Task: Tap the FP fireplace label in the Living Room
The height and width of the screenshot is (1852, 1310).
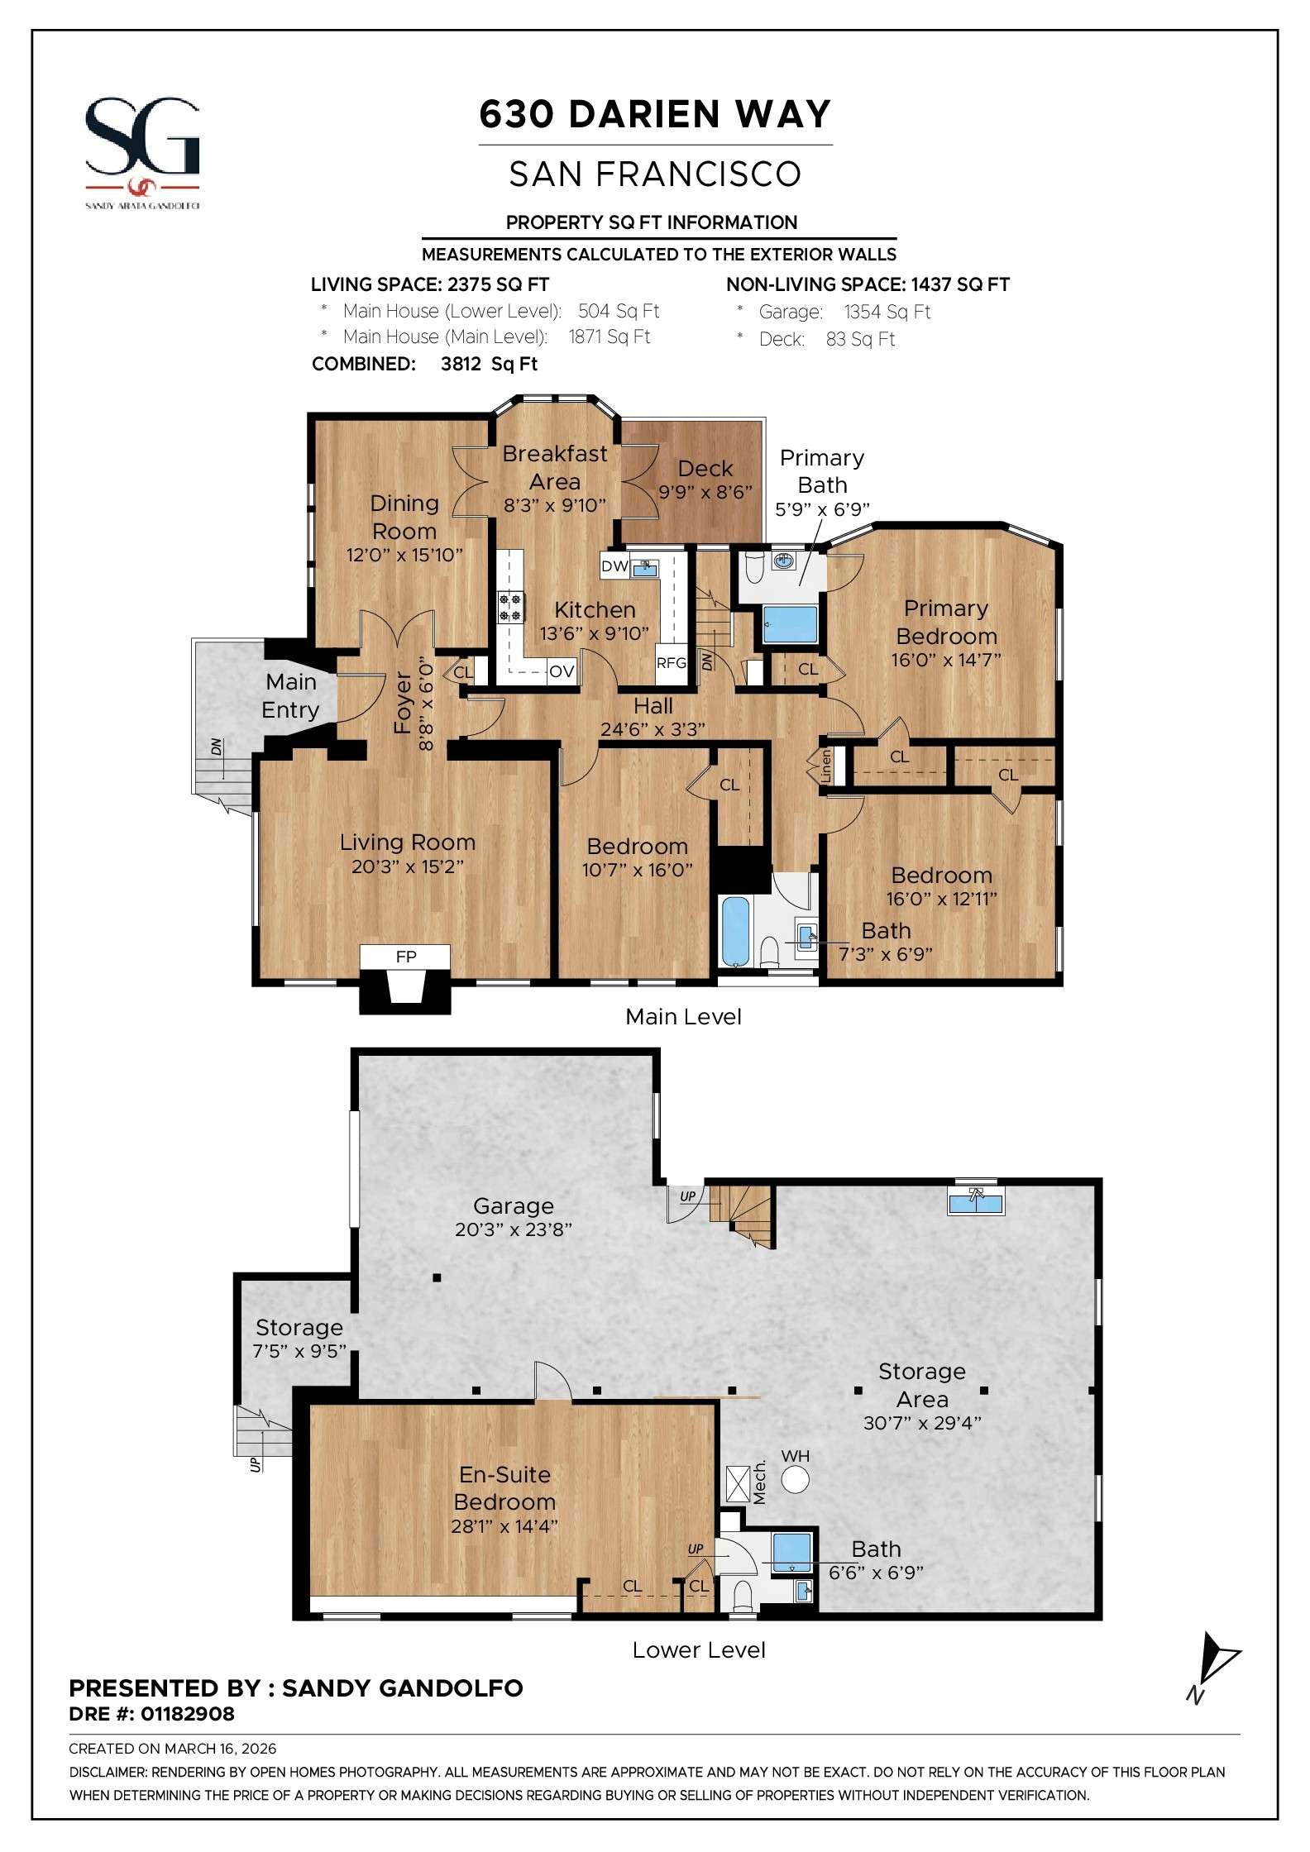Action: coord(405,957)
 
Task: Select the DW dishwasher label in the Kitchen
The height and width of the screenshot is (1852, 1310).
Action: coord(614,566)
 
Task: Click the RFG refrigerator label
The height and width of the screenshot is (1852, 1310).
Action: coord(671,662)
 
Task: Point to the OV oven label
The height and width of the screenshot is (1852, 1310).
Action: coord(562,671)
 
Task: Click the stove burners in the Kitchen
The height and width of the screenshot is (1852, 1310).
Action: coord(509,608)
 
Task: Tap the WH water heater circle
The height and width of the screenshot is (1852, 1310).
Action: coord(795,1479)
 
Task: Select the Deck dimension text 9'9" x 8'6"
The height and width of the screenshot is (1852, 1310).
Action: coord(705,492)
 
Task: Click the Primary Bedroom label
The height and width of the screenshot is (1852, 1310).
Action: coord(946,622)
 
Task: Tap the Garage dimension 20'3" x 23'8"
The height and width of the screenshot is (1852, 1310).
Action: coord(513,1229)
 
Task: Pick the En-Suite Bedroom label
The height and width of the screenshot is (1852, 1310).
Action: coord(504,1487)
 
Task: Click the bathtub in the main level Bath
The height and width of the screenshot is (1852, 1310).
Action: coord(734,931)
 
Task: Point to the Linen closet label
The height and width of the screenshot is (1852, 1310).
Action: coord(825,766)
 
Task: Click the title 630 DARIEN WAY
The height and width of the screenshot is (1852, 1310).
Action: coord(655,114)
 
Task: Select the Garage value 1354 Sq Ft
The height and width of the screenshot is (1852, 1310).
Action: coord(887,312)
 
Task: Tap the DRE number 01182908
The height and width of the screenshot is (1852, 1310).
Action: coord(188,1714)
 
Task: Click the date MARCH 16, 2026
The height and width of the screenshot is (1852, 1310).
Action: coord(220,1749)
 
